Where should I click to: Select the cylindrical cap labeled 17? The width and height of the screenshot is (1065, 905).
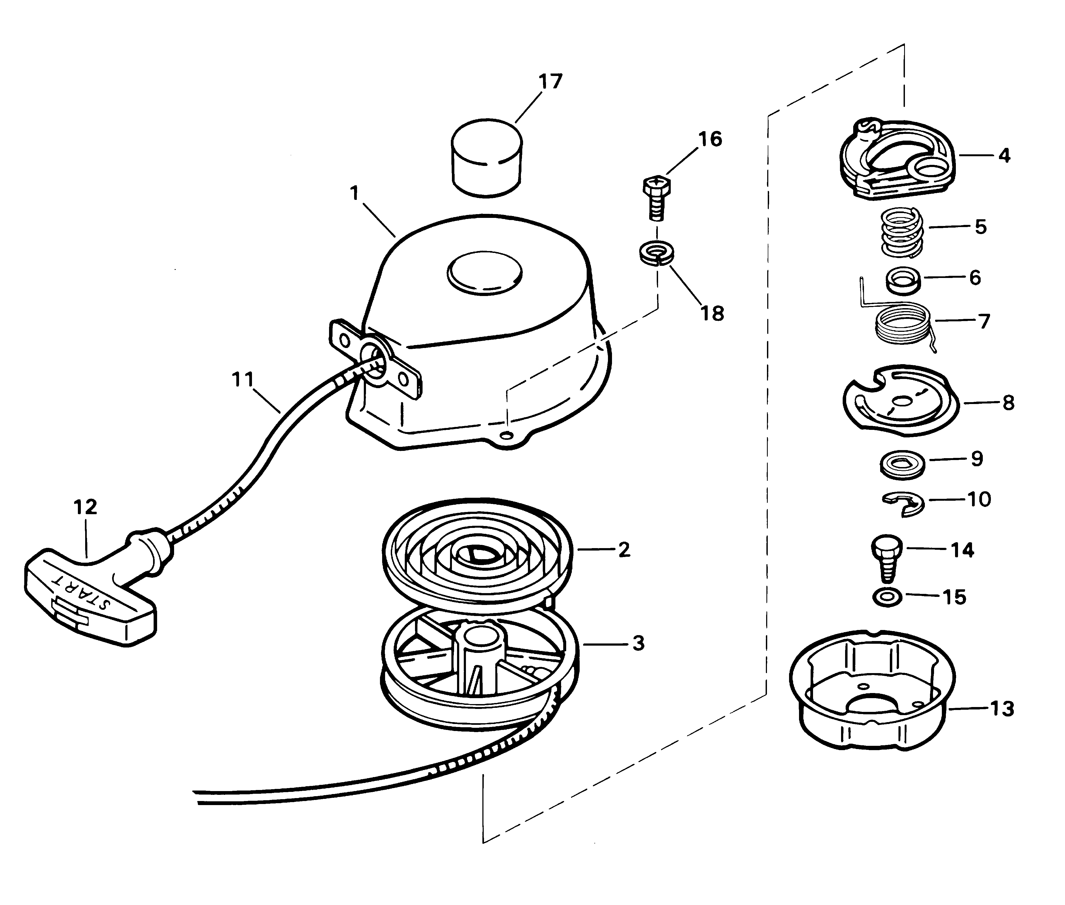click(x=487, y=158)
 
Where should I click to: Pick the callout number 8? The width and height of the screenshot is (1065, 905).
click(x=1008, y=403)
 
